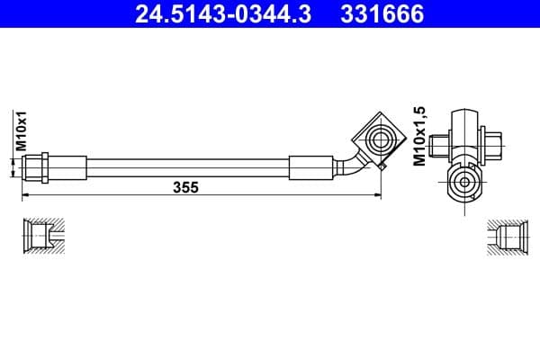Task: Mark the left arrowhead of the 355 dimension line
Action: click(x=25, y=193)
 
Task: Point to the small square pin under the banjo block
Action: click(x=382, y=166)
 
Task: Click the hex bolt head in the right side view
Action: click(x=493, y=144)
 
